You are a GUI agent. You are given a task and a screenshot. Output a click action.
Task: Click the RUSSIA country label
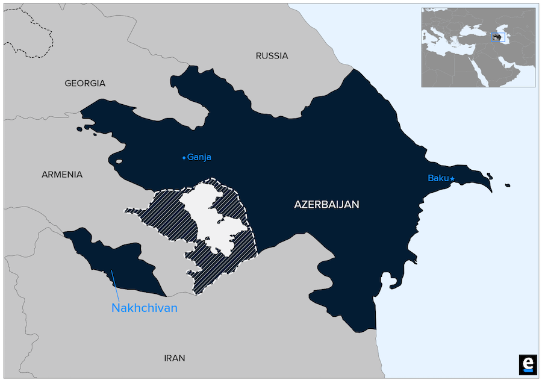[272, 56]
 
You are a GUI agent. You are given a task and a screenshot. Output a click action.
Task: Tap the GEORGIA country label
[85, 83]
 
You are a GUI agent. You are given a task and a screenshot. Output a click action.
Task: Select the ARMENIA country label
[62, 175]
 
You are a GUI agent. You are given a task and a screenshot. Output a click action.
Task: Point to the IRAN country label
[175, 358]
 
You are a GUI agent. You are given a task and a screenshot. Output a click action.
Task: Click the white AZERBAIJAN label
[326, 205]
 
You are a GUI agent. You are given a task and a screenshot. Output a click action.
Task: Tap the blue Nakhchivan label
[145, 308]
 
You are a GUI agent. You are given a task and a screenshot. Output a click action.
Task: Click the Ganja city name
[199, 157]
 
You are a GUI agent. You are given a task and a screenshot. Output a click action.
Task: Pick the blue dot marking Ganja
[184, 158]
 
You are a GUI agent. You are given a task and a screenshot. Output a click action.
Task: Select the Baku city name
[438, 178]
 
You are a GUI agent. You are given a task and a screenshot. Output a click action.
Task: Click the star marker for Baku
[452, 178]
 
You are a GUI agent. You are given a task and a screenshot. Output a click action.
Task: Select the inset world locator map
[478, 47]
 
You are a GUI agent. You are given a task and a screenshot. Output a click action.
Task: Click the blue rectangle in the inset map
[497, 37]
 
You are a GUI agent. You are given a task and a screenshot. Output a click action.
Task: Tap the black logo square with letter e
[527, 364]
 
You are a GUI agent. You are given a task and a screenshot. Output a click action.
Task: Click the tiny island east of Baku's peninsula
[508, 185]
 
